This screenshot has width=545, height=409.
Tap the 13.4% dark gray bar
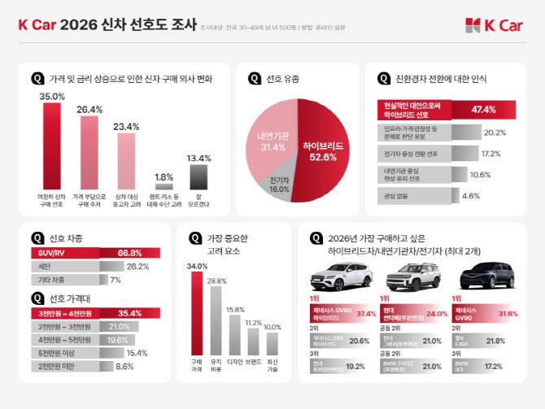point(198,176)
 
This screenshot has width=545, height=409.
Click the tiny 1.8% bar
point(163,185)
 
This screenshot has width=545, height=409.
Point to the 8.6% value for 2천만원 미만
point(124,367)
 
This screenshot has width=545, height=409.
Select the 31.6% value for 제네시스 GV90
point(508,313)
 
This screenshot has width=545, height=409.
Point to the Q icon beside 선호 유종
point(254,79)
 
